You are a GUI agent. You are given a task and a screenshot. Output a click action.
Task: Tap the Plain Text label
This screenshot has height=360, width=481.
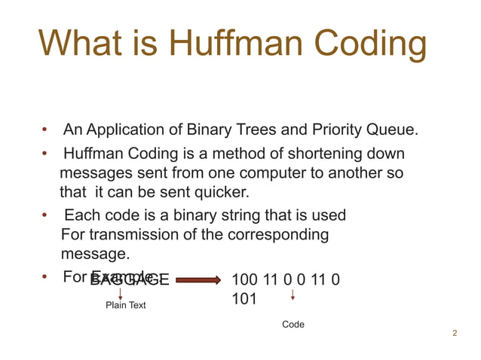tap(125, 306)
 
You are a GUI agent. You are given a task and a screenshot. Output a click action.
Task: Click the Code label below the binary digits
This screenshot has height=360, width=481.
tap(293, 325)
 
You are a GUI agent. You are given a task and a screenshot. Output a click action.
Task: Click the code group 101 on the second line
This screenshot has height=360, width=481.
tap(245, 299)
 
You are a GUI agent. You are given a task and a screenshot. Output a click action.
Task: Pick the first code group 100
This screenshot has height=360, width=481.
tap(245, 280)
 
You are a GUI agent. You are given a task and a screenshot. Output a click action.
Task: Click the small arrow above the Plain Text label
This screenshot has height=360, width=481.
tap(121, 292)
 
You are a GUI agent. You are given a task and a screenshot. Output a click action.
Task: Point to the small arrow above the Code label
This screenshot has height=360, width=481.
tap(293, 294)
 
